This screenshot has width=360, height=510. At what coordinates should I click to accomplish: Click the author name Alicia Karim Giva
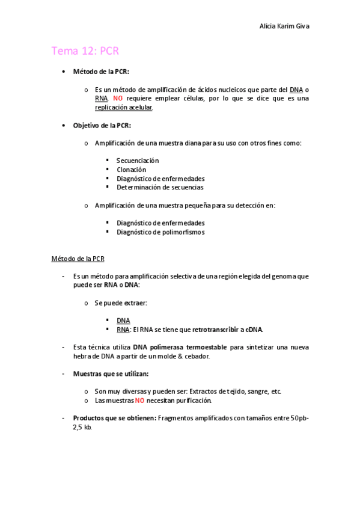click(x=284, y=26)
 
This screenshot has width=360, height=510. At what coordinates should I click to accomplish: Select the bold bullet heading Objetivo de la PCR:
click(x=102, y=125)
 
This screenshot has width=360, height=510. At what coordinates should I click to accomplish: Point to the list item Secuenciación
click(x=138, y=161)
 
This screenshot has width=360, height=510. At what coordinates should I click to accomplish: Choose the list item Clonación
click(x=131, y=170)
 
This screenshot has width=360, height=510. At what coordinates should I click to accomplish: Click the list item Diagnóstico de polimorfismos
click(x=160, y=232)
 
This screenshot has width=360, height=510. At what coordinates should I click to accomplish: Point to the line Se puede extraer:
click(x=121, y=303)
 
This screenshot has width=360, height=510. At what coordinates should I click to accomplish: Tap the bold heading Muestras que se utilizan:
click(x=111, y=373)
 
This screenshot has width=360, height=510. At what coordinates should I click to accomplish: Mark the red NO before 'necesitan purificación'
click(x=139, y=401)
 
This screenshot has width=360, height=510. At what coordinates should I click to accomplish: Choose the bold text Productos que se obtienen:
click(x=114, y=418)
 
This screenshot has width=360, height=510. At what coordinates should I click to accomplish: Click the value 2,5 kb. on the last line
click(x=82, y=427)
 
